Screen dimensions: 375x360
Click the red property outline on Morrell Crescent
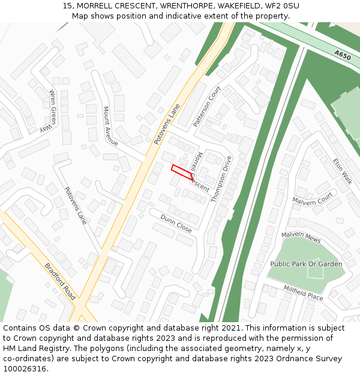pos(182,172)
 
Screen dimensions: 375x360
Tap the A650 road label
pos(343,55)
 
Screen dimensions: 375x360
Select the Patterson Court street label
pos(207,106)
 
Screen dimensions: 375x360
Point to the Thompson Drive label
pos(221,178)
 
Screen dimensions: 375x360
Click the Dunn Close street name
pos(176,225)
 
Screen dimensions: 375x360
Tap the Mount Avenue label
pos(110,126)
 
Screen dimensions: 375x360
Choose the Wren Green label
pos(53,107)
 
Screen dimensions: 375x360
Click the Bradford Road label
pos(60,281)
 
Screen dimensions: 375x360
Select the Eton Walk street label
pos(343,171)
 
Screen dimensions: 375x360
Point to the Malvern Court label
pos(313,199)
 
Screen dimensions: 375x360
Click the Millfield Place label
pos(303,293)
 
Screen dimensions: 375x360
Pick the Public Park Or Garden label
pos(306,264)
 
